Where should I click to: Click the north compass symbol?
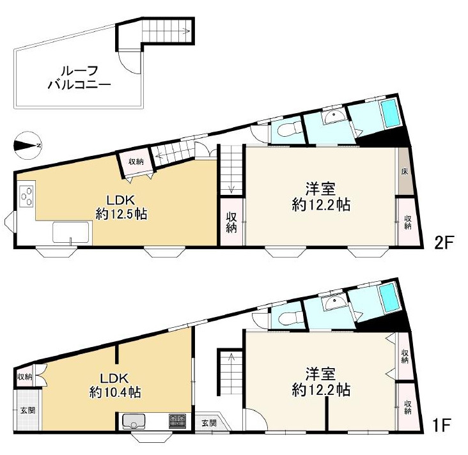(27, 145)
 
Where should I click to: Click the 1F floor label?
(441, 425)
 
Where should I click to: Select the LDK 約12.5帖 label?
(121, 207)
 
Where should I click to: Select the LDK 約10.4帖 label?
(115, 385)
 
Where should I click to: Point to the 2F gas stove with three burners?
(26, 196)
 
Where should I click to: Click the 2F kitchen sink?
(71, 232)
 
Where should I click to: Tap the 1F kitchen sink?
(134, 420)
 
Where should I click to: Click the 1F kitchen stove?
(177, 420)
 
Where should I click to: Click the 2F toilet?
(287, 130)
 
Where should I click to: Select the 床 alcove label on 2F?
(405, 172)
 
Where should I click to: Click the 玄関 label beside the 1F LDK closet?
(27, 410)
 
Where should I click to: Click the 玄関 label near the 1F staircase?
(208, 423)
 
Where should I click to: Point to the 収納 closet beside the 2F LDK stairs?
(136, 162)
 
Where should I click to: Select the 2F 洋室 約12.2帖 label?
(321, 197)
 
